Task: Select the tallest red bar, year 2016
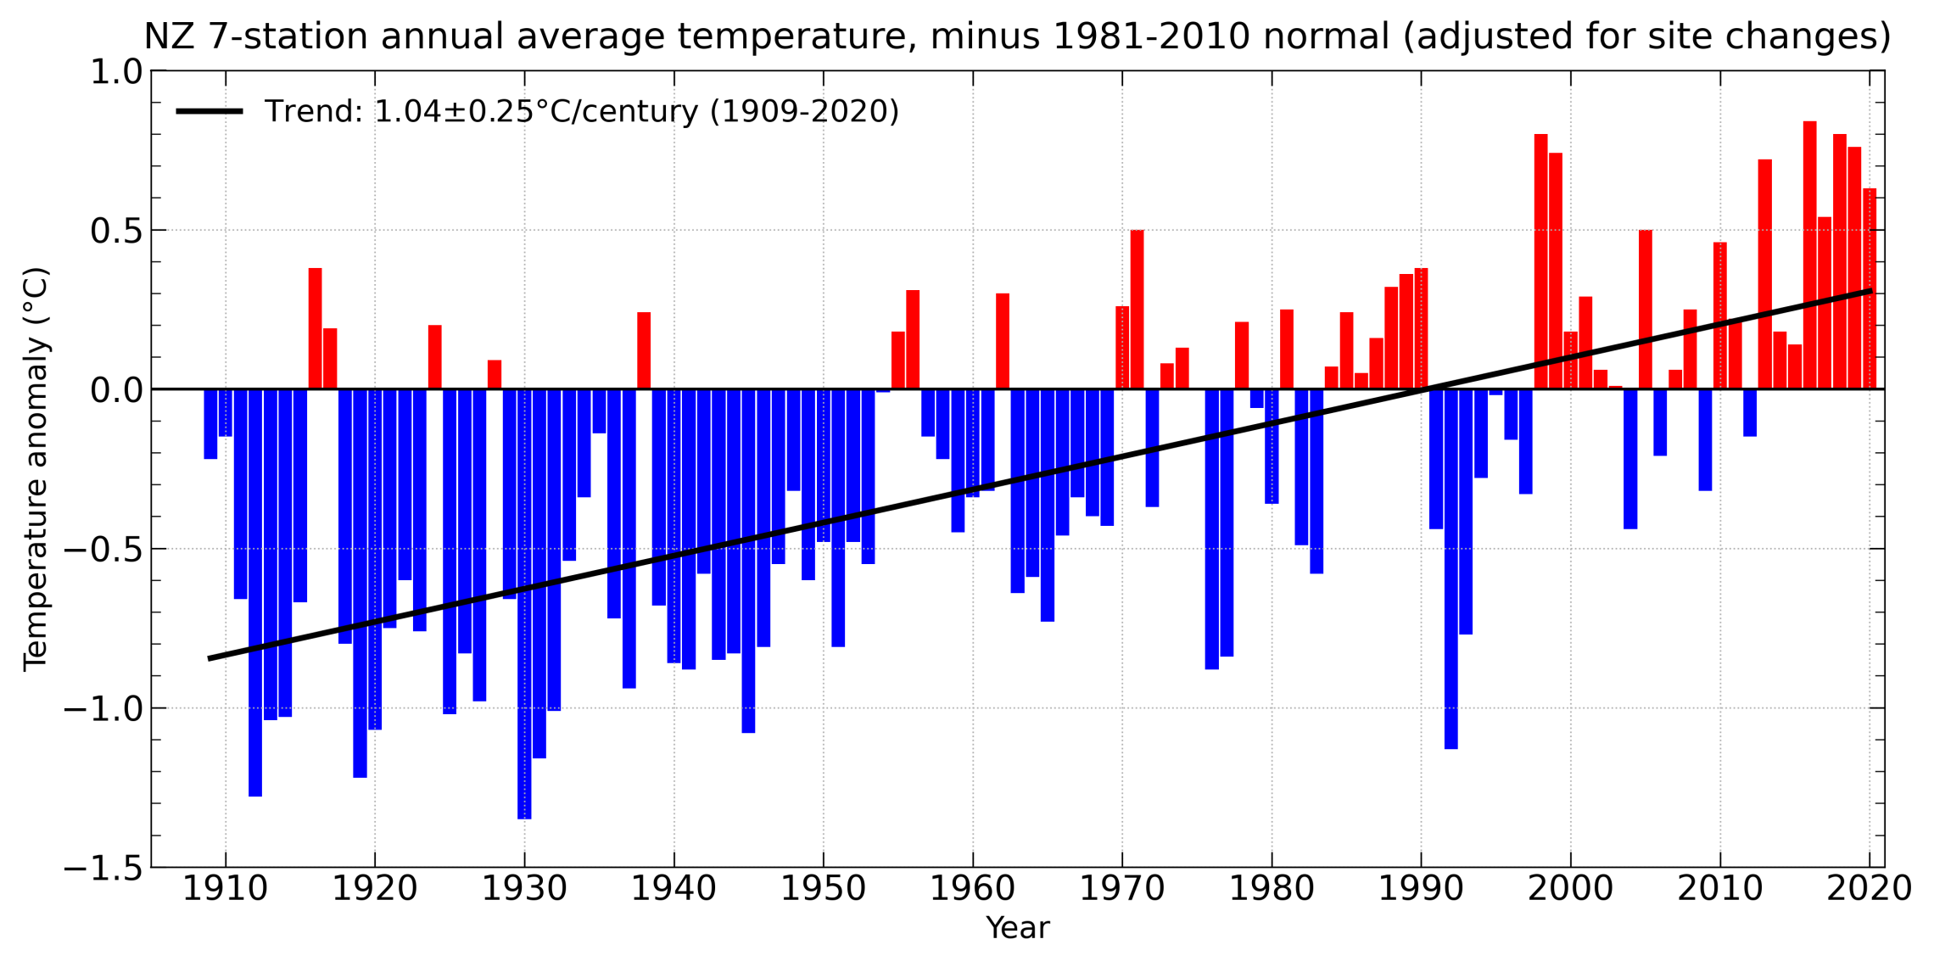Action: tap(1809, 254)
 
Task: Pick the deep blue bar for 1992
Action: tap(1451, 568)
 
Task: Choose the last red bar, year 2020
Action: tap(1870, 288)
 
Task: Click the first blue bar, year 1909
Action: tap(210, 424)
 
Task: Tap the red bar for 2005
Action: tap(1645, 310)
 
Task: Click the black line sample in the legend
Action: tap(210, 111)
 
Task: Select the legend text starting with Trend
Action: tap(581, 111)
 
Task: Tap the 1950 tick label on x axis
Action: tap(823, 890)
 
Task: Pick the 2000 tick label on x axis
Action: tap(1571, 890)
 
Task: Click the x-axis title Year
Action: tap(1017, 929)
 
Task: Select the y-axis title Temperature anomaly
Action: tap(36, 469)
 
